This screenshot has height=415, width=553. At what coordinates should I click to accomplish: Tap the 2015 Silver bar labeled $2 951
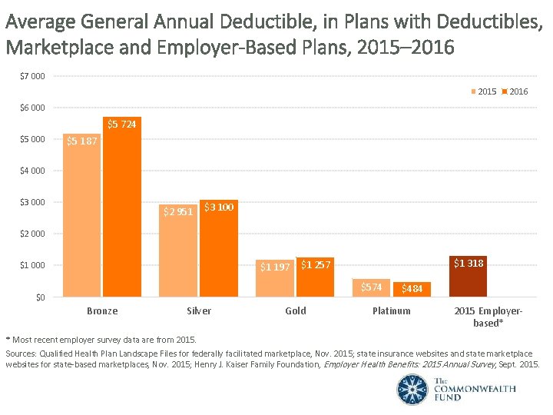tap(178, 249)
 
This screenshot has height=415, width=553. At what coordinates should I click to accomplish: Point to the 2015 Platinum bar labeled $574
tap(371, 287)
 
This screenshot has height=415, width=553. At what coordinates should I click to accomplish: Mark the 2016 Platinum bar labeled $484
tap(412, 289)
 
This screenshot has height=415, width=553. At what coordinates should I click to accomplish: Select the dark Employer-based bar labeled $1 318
tap(468, 276)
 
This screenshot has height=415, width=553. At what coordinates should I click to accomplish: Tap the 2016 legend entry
tap(515, 91)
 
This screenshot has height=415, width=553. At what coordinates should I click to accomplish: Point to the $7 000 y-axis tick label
tap(32, 76)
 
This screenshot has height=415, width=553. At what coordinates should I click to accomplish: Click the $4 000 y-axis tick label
tap(32, 171)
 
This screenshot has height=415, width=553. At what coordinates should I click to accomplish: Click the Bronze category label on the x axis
tap(102, 311)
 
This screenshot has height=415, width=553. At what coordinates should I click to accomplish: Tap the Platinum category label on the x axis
tap(391, 311)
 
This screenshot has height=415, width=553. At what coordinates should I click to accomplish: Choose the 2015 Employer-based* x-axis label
tap(488, 317)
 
